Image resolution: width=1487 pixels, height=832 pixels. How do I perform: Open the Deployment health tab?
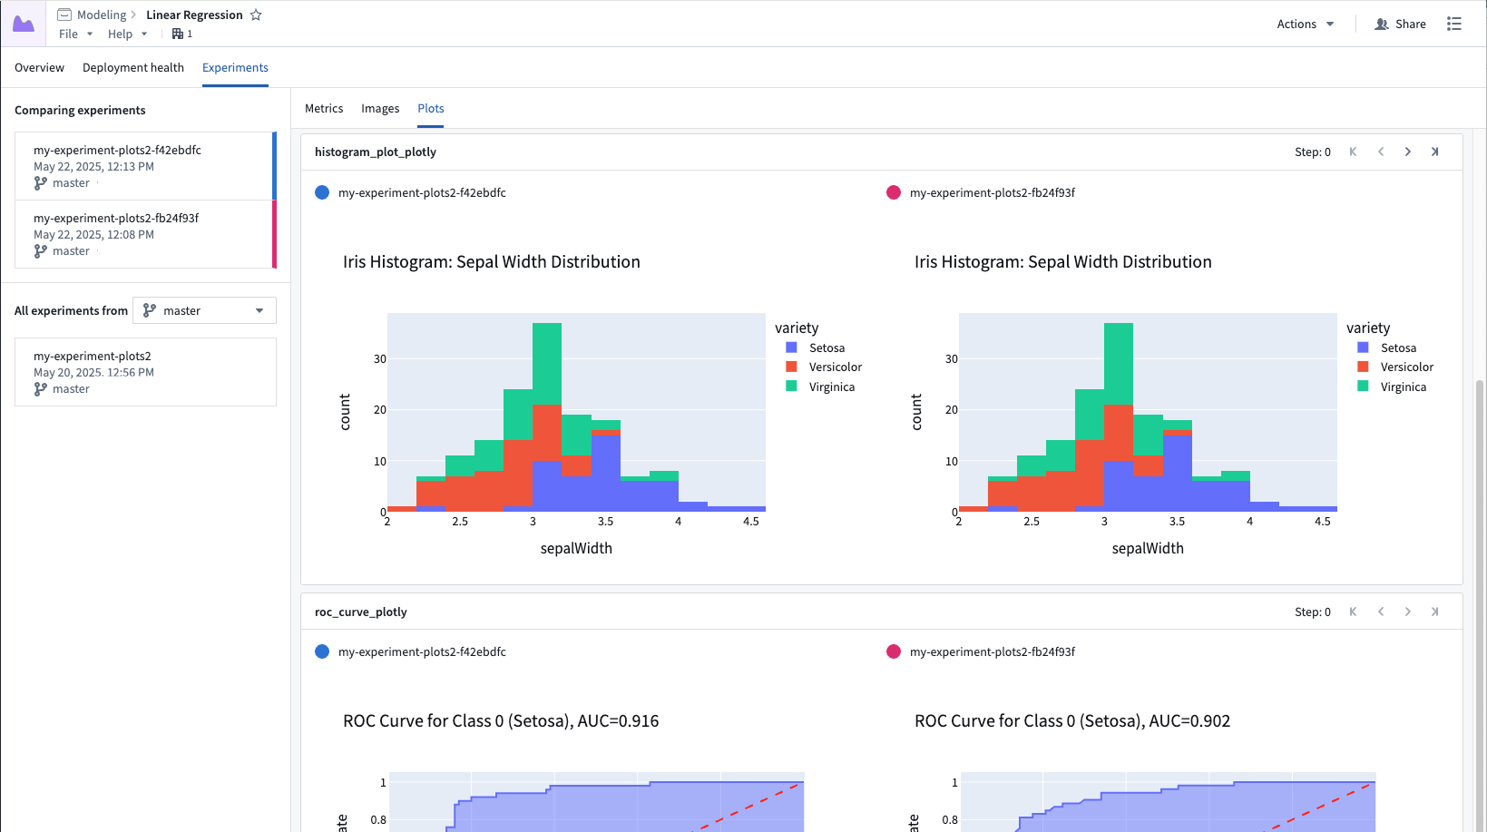[x=132, y=68]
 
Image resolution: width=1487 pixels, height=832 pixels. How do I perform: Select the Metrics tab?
[x=324, y=109]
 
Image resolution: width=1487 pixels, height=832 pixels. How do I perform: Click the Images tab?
[x=380, y=109]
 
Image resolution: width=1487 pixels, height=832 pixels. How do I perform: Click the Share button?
[x=1401, y=24]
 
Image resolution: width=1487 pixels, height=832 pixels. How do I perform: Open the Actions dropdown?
[x=1305, y=24]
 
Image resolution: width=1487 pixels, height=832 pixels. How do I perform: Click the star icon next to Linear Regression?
[x=256, y=15]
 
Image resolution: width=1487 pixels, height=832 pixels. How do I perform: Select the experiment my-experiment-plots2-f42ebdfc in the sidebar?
[x=117, y=151]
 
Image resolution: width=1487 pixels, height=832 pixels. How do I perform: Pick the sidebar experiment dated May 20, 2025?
[x=145, y=372]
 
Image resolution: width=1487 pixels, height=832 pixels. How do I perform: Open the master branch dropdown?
[x=204, y=310]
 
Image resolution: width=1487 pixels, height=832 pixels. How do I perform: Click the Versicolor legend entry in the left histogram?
[x=835, y=367]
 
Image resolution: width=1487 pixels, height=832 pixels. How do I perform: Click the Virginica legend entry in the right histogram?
[x=1403, y=387]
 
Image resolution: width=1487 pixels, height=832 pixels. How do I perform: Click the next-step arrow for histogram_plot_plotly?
[x=1407, y=152]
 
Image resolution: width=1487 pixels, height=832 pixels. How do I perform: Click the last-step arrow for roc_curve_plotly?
[x=1434, y=612]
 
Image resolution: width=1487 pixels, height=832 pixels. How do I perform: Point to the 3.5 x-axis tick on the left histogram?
[x=605, y=522]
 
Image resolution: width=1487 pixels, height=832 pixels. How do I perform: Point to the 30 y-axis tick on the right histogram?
[x=951, y=359]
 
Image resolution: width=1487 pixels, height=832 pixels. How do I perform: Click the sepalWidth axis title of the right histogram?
[x=1148, y=549]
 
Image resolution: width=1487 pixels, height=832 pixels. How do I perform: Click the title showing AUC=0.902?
[x=1071, y=721]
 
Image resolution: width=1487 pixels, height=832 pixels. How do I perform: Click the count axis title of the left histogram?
[x=345, y=412]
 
